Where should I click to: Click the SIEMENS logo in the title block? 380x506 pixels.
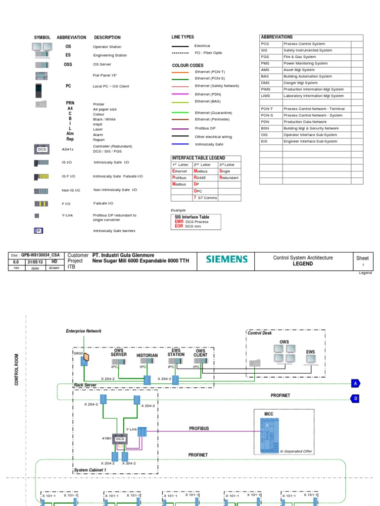coord(227,259)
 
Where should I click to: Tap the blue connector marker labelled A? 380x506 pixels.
coord(355,383)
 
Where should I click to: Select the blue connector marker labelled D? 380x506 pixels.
coord(355,398)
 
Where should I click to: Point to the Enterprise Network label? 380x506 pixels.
coord(83,330)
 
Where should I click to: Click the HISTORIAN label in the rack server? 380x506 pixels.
coord(147,355)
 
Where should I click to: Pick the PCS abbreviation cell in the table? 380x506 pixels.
coord(270,43)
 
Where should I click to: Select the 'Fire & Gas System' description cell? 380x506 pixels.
coord(316,57)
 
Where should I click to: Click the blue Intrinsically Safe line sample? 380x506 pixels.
coord(180,144)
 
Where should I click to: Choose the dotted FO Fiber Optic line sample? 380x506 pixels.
coord(180,52)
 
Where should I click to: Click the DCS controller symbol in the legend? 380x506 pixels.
coord(42,149)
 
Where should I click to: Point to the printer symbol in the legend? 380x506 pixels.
coord(42,104)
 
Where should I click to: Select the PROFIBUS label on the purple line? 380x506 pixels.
coord(199,428)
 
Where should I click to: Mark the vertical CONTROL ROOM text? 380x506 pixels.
coord(16,370)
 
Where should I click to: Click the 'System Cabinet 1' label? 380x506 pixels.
coord(91,470)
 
